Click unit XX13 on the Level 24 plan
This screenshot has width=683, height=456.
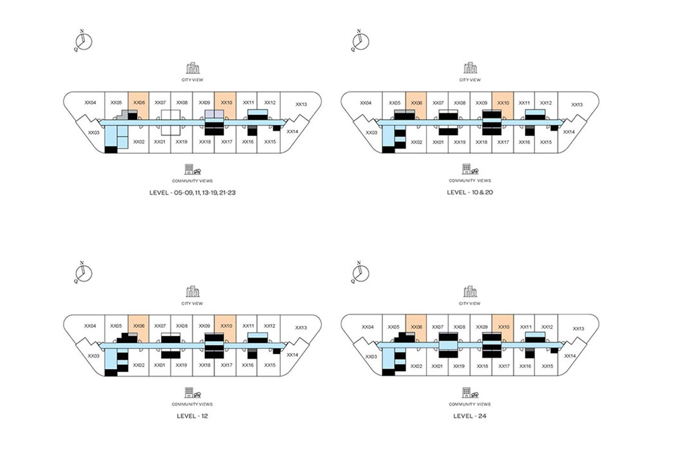point(578,328)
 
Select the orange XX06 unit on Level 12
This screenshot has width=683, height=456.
point(138,327)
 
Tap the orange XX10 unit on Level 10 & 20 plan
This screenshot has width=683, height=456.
point(503,104)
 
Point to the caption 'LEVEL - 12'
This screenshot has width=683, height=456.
point(192,416)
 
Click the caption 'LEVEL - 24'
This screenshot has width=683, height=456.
point(470,416)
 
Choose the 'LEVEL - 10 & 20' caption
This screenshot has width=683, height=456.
point(470,193)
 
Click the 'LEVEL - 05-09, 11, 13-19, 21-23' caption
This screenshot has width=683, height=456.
point(192,193)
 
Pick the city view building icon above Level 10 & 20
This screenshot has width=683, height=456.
point(470,68)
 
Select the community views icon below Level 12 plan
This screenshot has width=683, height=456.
point(192,393)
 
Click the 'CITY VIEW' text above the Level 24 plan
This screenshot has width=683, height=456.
point(470,303)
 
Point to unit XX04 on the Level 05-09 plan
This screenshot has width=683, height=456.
point(90,103)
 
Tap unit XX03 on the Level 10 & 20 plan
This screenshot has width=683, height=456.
point(371,132)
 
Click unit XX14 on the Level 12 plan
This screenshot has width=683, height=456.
point(293,354)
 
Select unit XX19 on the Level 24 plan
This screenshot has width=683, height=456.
point(459,365)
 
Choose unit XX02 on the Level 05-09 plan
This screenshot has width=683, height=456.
point(138,141)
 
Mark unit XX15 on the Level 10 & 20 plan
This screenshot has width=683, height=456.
point(545,142)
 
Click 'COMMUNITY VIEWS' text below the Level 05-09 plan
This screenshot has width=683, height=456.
point(192,180)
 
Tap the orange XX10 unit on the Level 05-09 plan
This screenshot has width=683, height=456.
point(226,104)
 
